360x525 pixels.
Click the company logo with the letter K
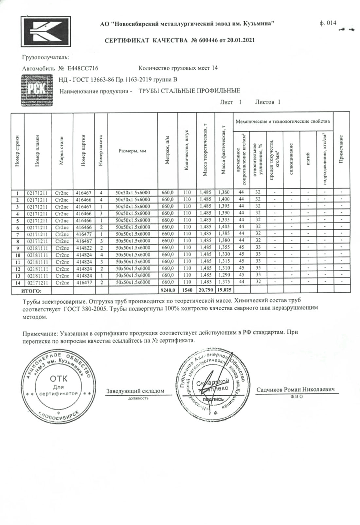pyautogui.click(x=45, y=31)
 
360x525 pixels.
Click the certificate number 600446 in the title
pyautogui.click(x=208, y=41)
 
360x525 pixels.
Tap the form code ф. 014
pyautogui.click(x=327, y=23)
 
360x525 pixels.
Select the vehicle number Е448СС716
pyautogui.click(x=83, y=68)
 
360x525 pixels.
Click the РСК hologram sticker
pyautogui.click(x=37, y=90)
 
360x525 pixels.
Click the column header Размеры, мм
pyautogui.click(x=133, y=151)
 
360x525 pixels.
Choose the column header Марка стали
pyautogui.click(x=62, y=151)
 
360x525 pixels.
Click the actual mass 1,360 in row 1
pyautogui.click(x=224, y=192)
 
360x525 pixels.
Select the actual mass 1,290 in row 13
pyautogui.click(x=224, y=275)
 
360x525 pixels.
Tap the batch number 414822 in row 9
pyautogui.click(x=84, y=248)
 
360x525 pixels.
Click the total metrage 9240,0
pyautogui.click(x=168, y=290)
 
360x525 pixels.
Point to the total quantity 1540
pyautogui.click(x=187, y=290)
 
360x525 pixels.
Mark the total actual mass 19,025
pyautogui.click(x=224, y=290)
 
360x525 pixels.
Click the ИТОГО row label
pyautogui.click(x=31, y=290)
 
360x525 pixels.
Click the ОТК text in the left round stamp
pyautogui.click(x=59, y=379)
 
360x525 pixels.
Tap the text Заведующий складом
pyautogui.click(x=135, y=391)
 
